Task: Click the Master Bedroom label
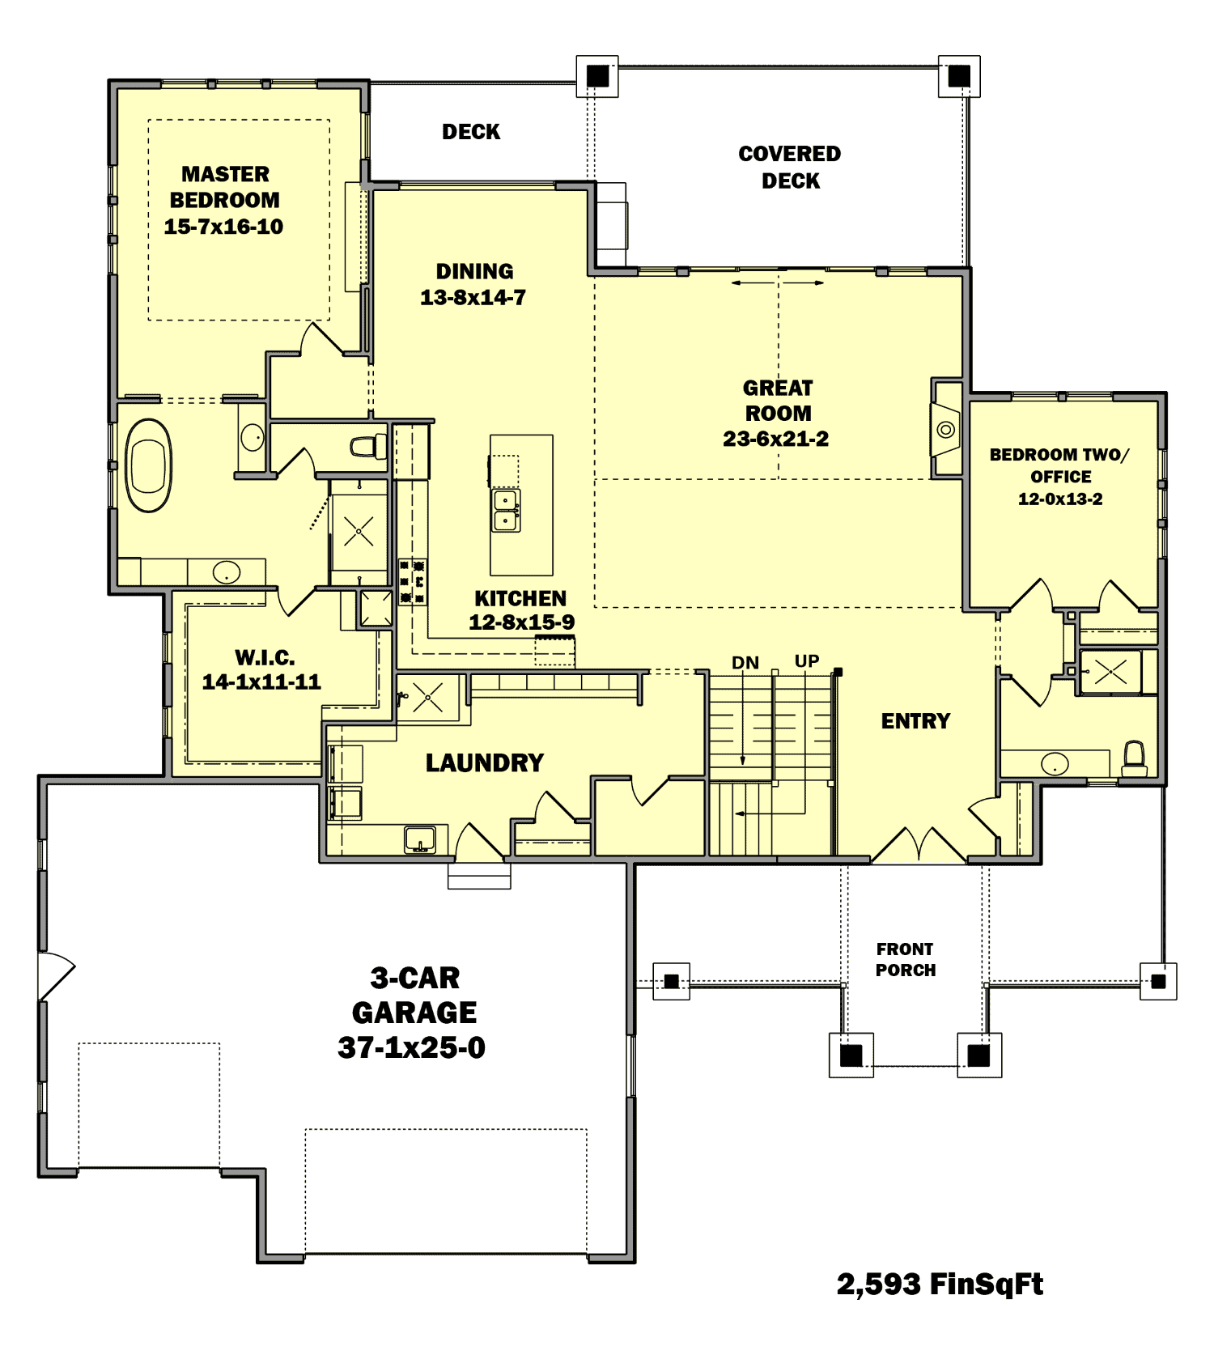224,187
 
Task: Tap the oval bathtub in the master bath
148,465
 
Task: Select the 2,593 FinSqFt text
940,1284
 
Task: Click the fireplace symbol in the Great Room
945,430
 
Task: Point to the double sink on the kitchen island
507,511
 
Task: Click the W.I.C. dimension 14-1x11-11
261,682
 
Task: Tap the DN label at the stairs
745,663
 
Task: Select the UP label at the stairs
807,661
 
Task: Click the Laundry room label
484,762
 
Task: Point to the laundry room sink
420,839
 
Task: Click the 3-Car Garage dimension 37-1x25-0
411,1047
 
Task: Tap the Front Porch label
905,959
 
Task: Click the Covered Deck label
790,167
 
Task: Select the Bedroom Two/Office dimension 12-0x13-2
1060,499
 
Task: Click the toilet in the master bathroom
368,446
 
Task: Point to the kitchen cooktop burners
412,581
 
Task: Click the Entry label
915,721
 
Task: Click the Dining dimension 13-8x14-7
473,298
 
